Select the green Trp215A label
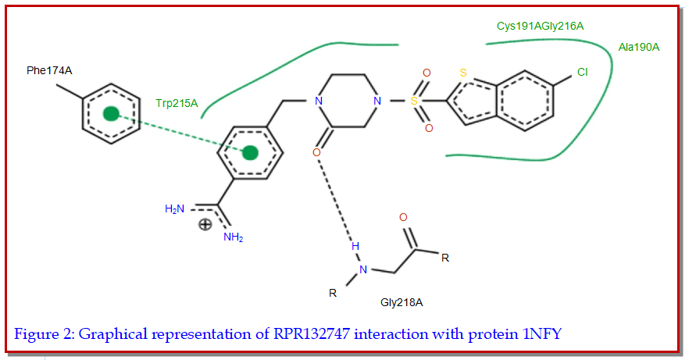click(x=177, y=102)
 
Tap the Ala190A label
click(x=638, y=48)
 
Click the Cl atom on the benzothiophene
click(x=582, y=73)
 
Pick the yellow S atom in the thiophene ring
click(x=463, y=73)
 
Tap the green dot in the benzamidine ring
click(x=250, y=152)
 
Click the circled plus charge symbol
click(x=205, y=225)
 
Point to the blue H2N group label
click(x=176, y=209)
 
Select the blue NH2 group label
click(x=233, y=237)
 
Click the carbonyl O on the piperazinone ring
click(x=316, y=152)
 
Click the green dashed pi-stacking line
click(x=180, y=134)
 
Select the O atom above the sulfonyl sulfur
click(x=426, y=73)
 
